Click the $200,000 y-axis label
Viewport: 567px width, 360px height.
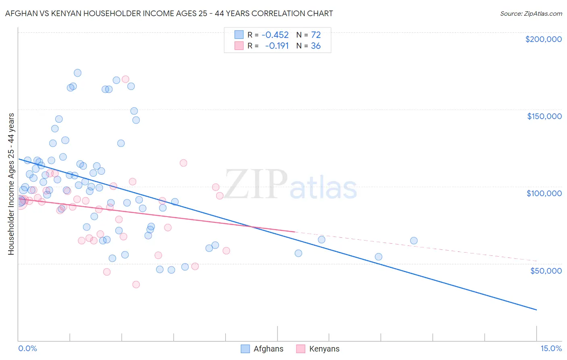click(543, 39)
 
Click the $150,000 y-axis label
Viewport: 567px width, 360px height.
click(544, 116)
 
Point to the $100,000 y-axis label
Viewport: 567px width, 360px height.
click(544, 193)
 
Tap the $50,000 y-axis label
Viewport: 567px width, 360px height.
click(546, 270)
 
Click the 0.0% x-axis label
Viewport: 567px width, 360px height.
click(27, 348)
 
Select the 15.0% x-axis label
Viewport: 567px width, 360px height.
click(551, 348)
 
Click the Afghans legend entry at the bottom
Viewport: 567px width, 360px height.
click(268, 349)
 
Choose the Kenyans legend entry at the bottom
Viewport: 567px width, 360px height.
click(324, 349)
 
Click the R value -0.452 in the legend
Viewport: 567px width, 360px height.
click(275, 35)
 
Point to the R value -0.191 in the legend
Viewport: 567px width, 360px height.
click(277, 46)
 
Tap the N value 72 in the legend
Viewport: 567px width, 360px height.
click(316, 35)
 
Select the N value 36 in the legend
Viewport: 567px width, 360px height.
click(316, 46)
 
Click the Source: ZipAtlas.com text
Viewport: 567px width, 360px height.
click(531, 14)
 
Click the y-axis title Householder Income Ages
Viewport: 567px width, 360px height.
click(11, 184)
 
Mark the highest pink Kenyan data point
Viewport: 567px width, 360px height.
click(125, 79)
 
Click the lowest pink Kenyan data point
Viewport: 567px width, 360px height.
click(136, 285)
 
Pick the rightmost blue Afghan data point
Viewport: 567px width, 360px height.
click(414, 241)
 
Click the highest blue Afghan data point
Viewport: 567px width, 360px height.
click(77, 73)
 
